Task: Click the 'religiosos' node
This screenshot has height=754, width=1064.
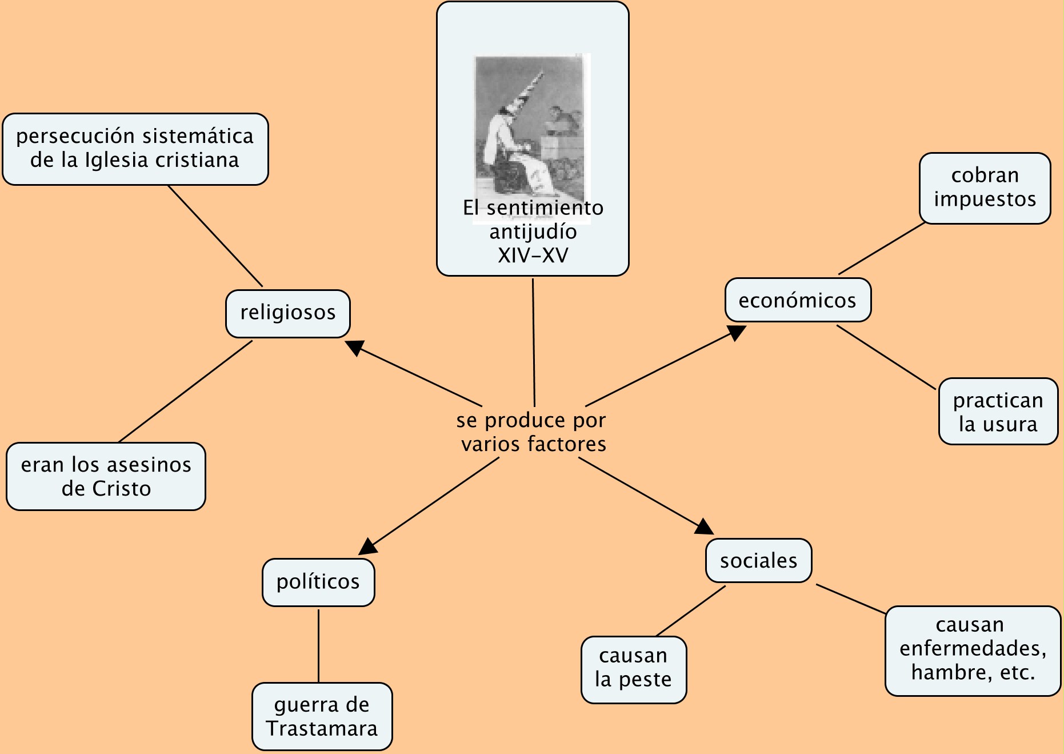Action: pos(288,313)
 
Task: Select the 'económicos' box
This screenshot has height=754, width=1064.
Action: pos(798,300)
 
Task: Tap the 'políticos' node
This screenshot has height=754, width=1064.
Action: pos(318,582)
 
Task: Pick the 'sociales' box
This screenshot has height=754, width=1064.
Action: pos(758,561)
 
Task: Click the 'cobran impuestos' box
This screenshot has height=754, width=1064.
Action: pos(985,187)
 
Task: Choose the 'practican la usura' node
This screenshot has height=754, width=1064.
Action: pos(998,412)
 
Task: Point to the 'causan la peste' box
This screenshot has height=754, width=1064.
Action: pos(633,669)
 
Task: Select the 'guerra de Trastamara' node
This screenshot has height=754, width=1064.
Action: pos(322,716)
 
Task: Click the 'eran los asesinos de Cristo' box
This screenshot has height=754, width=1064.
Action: pos(106,476)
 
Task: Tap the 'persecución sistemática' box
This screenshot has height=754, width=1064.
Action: pos(135,149)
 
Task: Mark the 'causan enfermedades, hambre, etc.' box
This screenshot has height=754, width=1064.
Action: pos(973,650)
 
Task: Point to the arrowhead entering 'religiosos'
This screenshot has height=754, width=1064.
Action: pos(355,347)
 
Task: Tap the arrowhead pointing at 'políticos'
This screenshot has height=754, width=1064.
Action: pos(368,546)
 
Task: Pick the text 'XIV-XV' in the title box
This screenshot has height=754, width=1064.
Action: pos(533,256)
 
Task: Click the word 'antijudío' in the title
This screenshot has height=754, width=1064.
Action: pos(533,232)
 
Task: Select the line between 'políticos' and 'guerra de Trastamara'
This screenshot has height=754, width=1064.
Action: pos(318,645)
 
